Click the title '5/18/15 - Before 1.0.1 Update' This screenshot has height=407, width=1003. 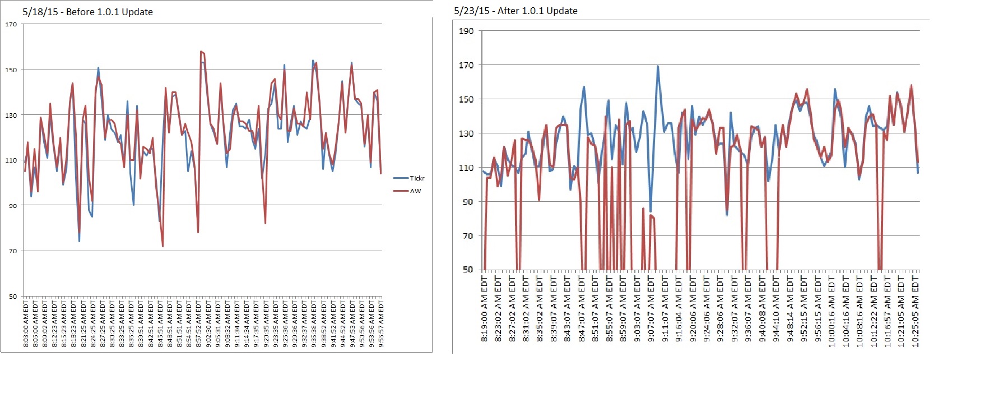click(87, 12)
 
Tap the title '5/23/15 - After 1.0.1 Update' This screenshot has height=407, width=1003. click(516, 11)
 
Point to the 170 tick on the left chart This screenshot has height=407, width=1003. click(11, 24)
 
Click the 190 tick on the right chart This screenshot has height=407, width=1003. click(466, 31)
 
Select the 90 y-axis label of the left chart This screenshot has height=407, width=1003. click(13, 206)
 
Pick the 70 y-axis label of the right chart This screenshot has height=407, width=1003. click(468, 236)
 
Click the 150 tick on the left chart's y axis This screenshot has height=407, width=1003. click(11, 70)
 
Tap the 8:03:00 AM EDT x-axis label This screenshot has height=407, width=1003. click(26, 323)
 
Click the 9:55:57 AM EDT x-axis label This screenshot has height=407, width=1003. click(381, 323)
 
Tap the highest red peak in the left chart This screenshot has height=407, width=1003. click(201, 52)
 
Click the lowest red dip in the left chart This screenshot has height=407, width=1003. click(162, 246)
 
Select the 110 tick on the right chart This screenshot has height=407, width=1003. click(466, 168)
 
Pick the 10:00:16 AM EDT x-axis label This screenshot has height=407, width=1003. click(832, 312)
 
